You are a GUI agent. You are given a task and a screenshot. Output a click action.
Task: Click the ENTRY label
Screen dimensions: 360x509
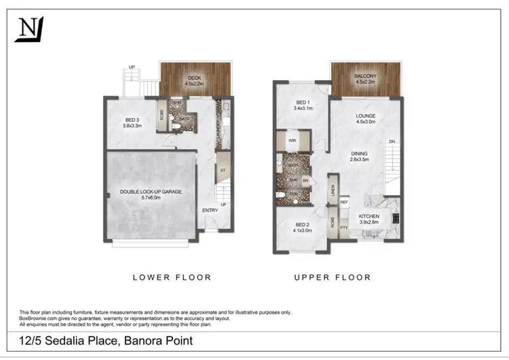click(210, 211)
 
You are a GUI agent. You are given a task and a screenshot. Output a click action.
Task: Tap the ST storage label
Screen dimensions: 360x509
click(221, 171)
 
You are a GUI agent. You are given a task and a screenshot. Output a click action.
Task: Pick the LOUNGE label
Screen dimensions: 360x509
click(366, 116)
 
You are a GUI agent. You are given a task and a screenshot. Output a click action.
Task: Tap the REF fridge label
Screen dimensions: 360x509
click(344, 202)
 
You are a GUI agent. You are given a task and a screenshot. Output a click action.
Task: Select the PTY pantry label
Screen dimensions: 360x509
click(344, 228)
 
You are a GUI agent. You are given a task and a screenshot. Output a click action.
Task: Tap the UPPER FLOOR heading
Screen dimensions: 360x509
click(333, 277)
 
